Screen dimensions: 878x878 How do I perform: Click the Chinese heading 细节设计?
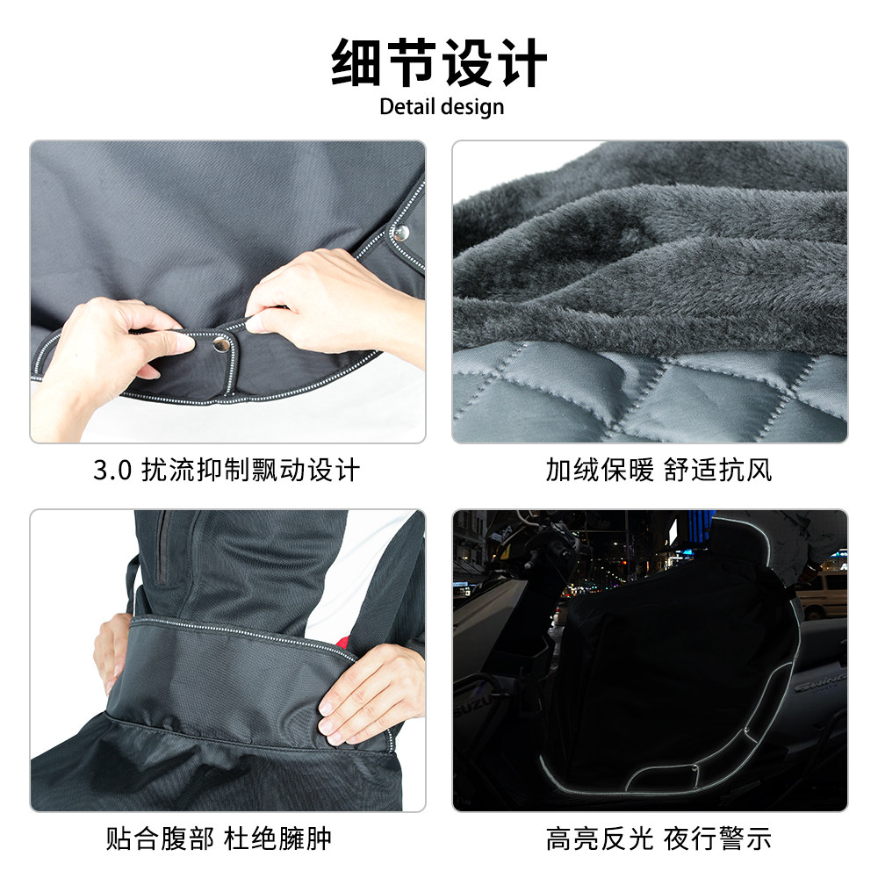tap(439, 62)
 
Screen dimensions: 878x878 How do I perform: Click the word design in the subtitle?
tap(472, 107)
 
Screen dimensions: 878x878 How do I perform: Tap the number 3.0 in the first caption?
tap(112, 471)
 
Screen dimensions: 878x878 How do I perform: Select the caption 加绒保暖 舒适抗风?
tap(658, 471)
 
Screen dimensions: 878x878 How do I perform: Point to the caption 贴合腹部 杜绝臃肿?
tap(219, 838)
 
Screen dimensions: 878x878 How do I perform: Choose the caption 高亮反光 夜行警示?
tap(658, 838)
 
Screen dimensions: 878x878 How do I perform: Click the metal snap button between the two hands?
tap(219, 344)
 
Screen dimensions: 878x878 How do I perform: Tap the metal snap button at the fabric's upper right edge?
tap(401, 232)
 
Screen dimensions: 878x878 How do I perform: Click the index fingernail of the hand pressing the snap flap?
tap(253, 325)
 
